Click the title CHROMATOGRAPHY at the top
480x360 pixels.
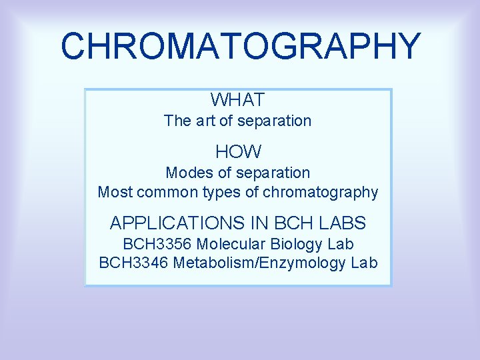[240, 46]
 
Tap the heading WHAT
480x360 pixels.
[238, 100]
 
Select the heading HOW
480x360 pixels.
[238, 152]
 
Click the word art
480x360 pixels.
[203, 121]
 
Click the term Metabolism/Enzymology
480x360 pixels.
[259, 263]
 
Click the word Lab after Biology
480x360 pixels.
[340, 244]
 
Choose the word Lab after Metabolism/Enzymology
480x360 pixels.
[364, 263]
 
